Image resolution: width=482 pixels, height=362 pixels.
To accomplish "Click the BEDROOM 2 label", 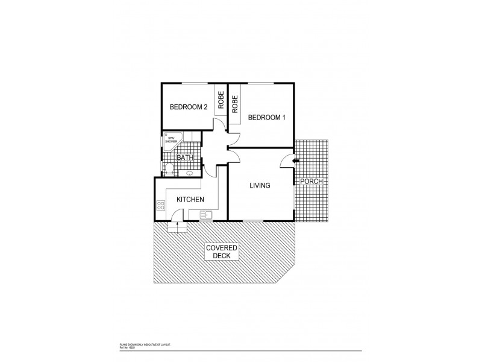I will click(x=188, y=107).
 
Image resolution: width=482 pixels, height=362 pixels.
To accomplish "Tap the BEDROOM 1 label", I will click(x=266, y=117).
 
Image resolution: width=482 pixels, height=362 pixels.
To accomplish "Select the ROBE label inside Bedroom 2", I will click(x=221, y=99).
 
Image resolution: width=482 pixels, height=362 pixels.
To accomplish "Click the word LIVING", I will click(x=260, y=185).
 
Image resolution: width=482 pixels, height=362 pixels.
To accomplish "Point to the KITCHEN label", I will click(x=190, y=200).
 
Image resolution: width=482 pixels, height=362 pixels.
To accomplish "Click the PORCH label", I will click(x=312, y=182).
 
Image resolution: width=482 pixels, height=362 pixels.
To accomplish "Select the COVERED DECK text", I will click(x=222, y=252).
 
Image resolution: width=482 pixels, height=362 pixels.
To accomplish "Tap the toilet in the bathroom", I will click(x=169, y=168).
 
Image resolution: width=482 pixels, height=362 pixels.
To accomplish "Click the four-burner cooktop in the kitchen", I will click(x=161, y=206).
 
